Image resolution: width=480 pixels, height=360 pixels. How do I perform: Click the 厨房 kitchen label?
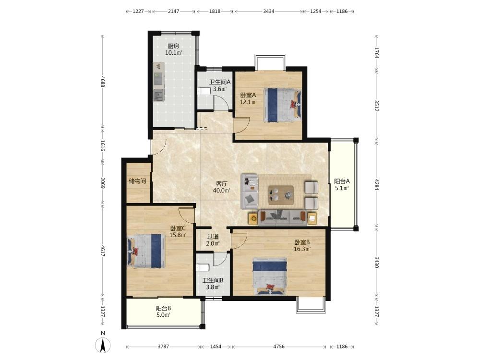point(173,46)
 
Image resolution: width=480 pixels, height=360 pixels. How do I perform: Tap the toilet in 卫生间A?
point(203,91)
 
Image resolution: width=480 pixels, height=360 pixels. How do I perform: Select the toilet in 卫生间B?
point(203,268)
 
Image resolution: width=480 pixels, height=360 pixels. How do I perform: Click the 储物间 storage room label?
point(137,181)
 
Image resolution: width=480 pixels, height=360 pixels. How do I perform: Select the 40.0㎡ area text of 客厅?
point(222,191)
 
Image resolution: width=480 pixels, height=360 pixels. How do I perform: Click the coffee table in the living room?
point(281,195)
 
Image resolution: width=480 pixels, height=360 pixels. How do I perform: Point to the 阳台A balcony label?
point(342,181)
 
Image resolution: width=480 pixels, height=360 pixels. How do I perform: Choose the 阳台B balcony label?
point(163,308)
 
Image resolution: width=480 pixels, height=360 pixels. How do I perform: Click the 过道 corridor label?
point(213,237)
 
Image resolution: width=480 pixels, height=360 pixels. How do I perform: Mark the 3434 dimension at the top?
point(268,12)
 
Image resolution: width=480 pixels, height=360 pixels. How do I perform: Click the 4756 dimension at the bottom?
point(279,347)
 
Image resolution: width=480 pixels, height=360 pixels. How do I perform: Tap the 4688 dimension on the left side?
point(103,82)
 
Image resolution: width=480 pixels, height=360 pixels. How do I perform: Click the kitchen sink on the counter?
point(158,96)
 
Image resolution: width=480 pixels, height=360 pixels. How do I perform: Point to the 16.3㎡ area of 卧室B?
point(302,249)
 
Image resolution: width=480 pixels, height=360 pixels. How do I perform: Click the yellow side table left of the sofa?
point(253,218)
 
